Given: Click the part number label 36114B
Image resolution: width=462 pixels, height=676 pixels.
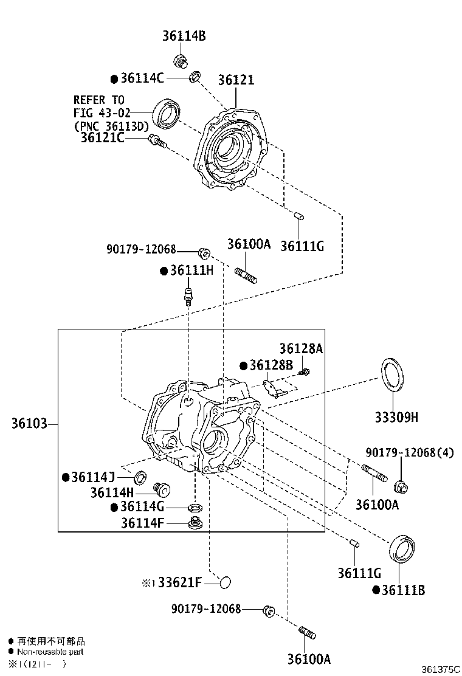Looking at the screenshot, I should pyautogui.click(x=184, y=36).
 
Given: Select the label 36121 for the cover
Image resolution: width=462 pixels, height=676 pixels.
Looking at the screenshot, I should pyautogui.click(x=236, y=80).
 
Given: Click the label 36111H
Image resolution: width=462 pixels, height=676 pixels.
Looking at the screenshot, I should pyautogui.click(x=191, y=271).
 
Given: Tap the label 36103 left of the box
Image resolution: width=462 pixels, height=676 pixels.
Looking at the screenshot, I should pyautogui.click(x=29, y=423).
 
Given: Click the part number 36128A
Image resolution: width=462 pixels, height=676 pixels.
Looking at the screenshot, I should pyautogui.click(x=301, y=349).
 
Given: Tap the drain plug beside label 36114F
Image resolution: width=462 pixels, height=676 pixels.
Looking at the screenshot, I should pyautogui.click(x=195, y=523).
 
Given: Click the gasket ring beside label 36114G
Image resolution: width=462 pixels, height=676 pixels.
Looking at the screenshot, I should pyautogui.click(x=195, y=508).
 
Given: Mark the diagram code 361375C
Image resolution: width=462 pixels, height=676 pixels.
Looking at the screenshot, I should pyautogui.click(x=440, y=669).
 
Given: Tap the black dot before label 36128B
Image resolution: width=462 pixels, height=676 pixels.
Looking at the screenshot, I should pyautogui.click(x=243, y=365).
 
